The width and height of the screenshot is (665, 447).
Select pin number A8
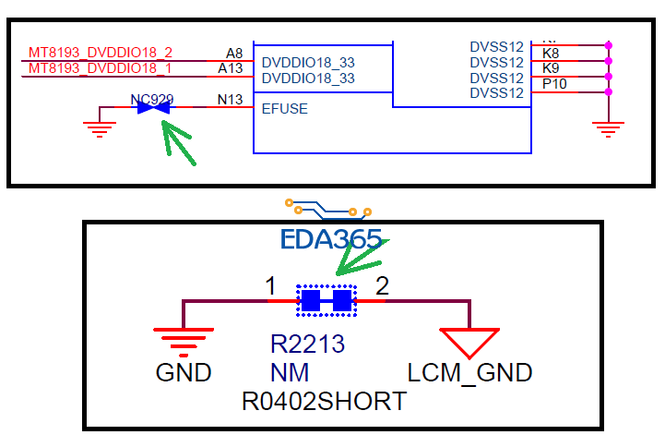click(x=234, y=54)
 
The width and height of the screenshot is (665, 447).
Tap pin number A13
click(x=231, y=68)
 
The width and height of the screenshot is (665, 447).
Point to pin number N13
click(x=231, y=99)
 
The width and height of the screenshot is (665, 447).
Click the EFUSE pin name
click(x=285, y=108)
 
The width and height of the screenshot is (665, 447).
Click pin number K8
click(x=551, y=54)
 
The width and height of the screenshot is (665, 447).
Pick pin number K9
click(x=551, y=68)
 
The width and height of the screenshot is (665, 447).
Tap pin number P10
click(x=554, y=83)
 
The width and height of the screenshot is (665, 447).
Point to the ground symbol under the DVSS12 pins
click(x=606, y=127)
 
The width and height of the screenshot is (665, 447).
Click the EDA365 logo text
click(x=331, y=240)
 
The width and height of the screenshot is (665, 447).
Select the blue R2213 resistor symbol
click(x=326, y=300)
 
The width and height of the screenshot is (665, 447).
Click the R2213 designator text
click(x=307, y=344)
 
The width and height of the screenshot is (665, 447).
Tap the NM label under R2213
click(x=290, y=373)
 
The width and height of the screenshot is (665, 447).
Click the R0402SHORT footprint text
click(x=324, y=402)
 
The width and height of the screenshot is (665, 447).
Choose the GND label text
click(x=184, y=373)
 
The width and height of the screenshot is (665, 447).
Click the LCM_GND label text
click(x=469, y=373)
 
